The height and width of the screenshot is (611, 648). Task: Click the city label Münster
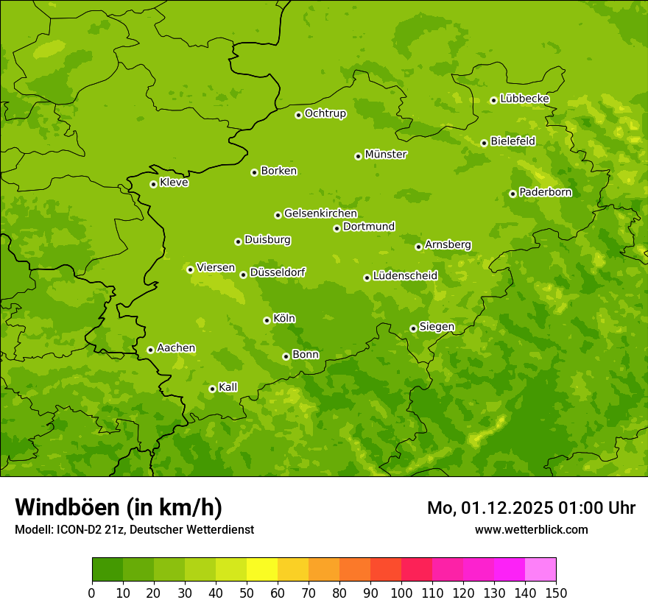pos(386,155)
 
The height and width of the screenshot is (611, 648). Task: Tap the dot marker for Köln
pos(267,320)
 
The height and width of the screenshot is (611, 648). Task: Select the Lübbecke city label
pos(524,99)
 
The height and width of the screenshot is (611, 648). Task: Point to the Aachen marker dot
pos(150,350)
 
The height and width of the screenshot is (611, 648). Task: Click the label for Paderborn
pos(545,192)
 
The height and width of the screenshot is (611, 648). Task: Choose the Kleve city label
pos(174,183)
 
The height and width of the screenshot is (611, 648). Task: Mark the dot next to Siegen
pos(413,328)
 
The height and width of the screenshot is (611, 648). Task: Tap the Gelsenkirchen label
pos(320,213)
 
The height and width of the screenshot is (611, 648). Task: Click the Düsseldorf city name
pos(278,272)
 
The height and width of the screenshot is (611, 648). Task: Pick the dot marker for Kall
pos(212,389)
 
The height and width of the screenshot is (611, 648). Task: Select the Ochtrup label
pos(325,113)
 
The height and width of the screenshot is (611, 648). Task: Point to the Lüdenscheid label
pos(405,276)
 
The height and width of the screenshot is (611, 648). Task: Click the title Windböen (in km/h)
pos(119,507)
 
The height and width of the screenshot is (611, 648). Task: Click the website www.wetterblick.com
pos(531,529)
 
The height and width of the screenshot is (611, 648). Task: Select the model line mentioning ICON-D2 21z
pos(134,529)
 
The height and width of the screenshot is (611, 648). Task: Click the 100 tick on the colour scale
pos(401,593)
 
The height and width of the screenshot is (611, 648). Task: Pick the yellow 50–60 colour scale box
pos(262,570)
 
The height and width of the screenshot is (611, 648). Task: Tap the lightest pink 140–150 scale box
pos(540,570)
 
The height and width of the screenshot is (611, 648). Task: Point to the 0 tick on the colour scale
pos(92,593)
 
